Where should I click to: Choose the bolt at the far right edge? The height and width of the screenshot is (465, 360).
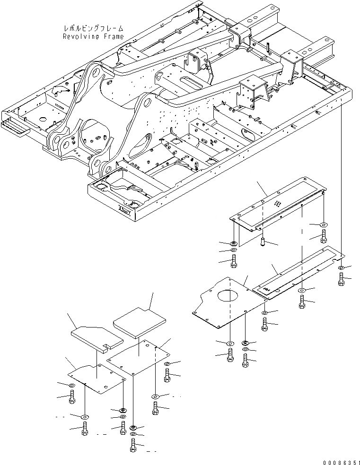(342, 279)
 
